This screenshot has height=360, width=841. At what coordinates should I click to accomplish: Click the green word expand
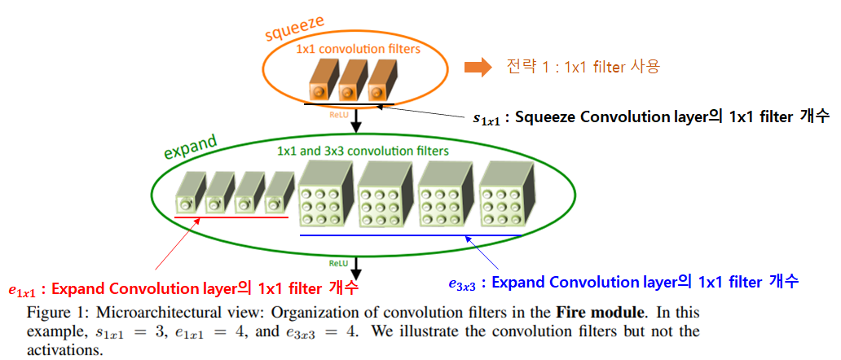[x=191, y=149]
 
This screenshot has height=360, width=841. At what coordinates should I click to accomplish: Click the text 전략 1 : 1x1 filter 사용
[x=582, y=67]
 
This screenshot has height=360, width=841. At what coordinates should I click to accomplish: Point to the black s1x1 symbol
[x=487, y=118]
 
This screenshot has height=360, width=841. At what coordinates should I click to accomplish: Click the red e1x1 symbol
[x=23, y=289]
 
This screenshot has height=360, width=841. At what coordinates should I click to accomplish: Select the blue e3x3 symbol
[x=461, y=283]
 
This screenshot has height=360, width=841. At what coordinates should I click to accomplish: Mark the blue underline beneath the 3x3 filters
[x=411, y=235]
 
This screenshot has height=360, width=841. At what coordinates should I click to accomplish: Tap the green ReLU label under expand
[x=338, y=264]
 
